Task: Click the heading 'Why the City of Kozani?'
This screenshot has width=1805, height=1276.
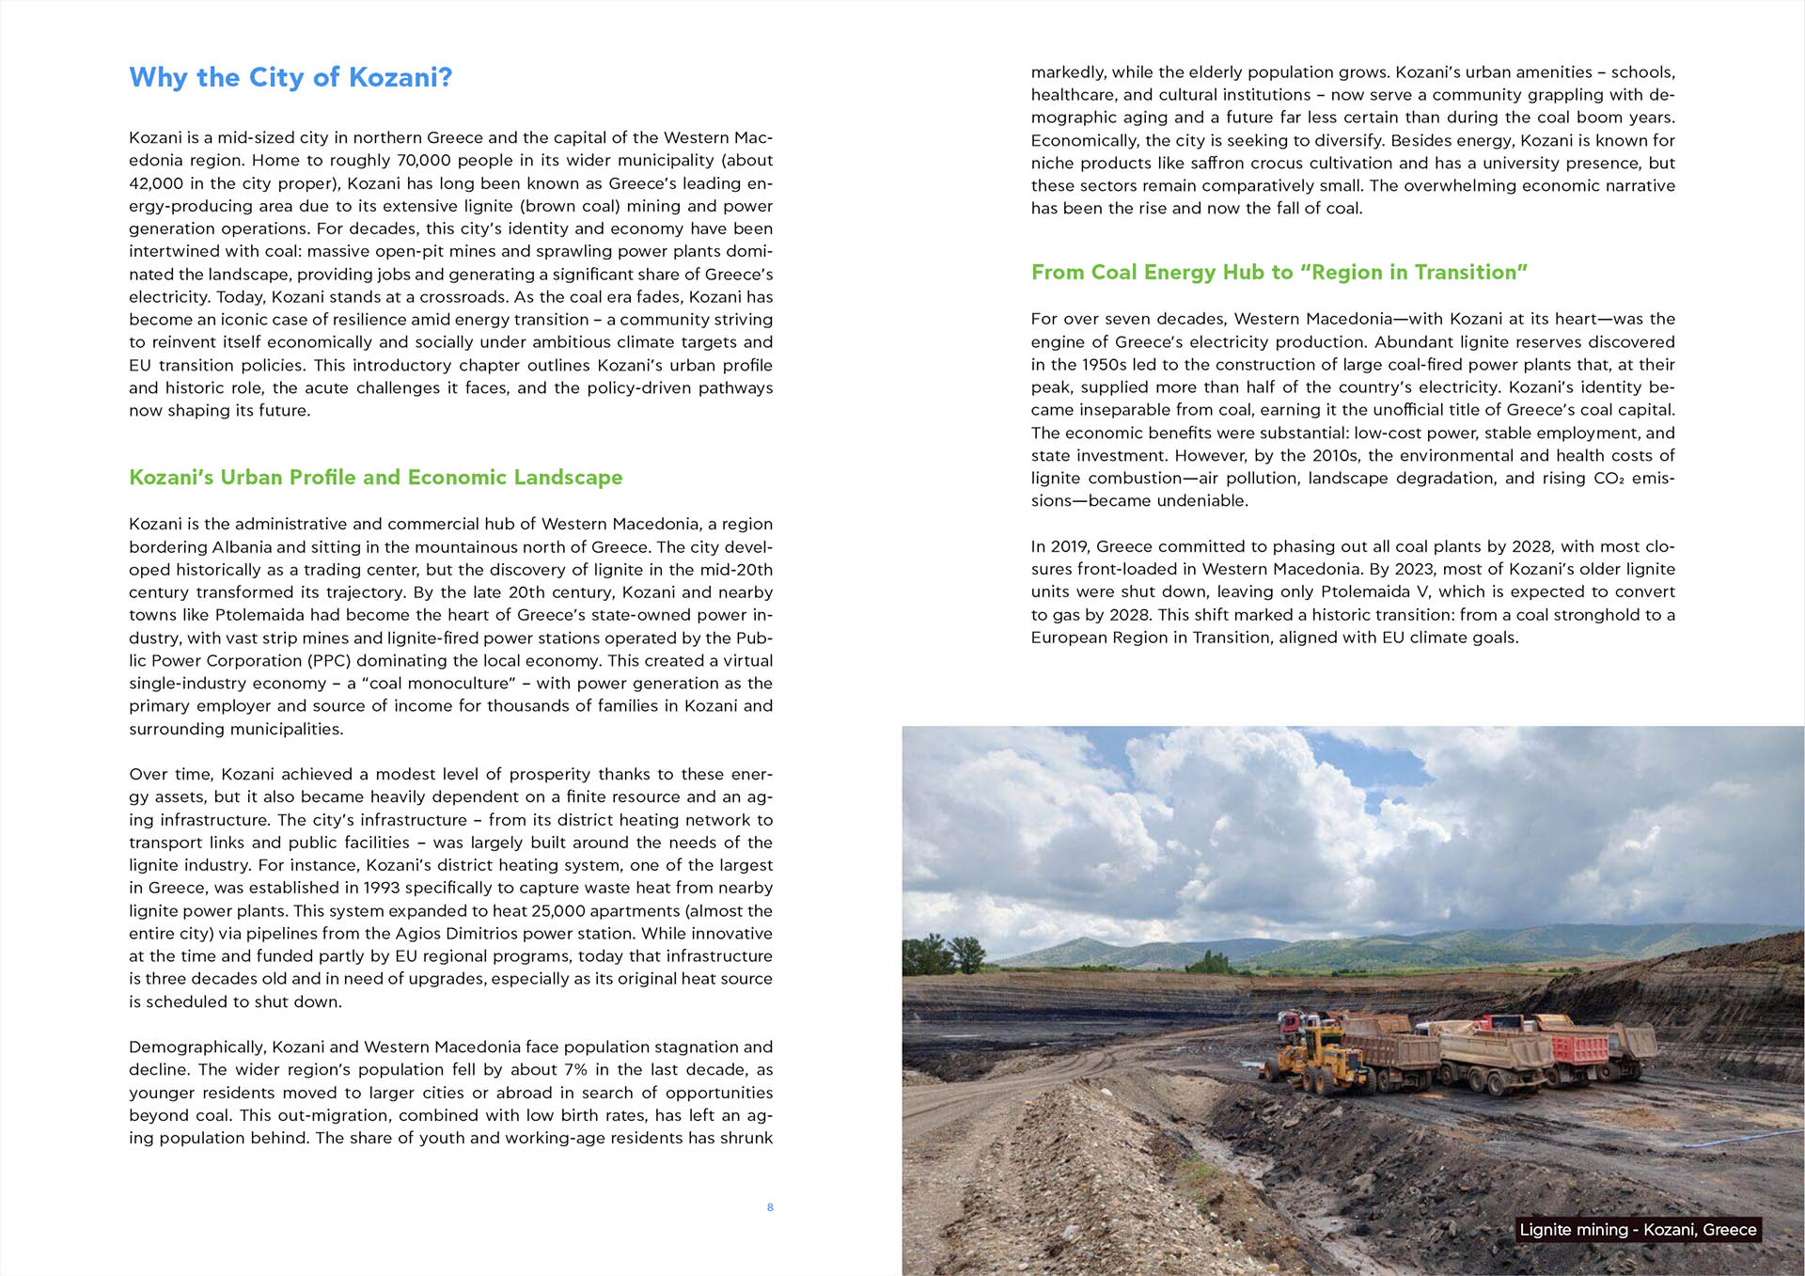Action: tap(290, 77)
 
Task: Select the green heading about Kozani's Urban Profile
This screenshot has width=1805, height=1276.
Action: tap(375, 478)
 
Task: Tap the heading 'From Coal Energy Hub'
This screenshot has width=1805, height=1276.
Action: tap(1279, 273)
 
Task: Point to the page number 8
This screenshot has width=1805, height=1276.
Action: tap(770, 1207)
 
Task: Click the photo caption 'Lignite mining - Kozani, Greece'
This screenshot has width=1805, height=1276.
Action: tap(1638, 1230)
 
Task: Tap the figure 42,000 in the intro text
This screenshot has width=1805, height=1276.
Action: tap(156, 183)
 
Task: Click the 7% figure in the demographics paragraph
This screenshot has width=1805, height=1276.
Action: tap(574, 1070)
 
